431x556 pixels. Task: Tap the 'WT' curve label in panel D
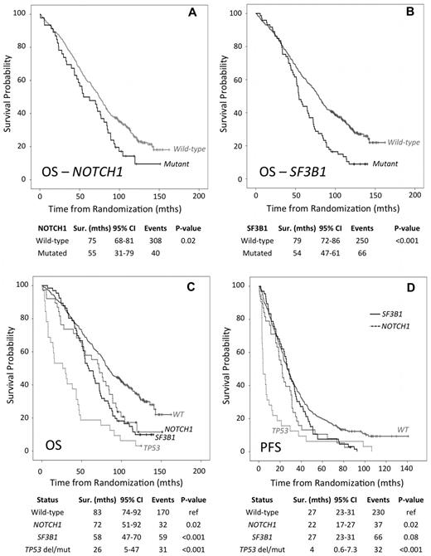(400, 432)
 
